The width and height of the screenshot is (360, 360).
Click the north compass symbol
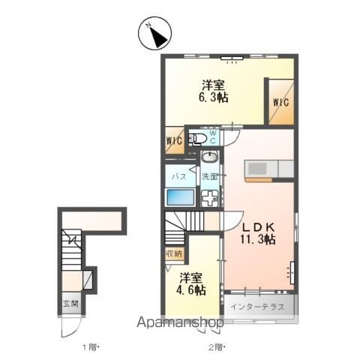coord(155,33)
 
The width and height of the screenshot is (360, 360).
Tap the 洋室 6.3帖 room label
coord(213,91)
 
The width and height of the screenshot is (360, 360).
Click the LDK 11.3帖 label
coord(258,233)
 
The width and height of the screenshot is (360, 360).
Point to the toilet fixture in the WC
coord(197,139)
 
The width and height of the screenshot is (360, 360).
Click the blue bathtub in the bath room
coord(181,197)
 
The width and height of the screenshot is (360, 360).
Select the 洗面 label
coord(209,176)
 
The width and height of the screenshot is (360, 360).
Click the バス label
coord(179,176)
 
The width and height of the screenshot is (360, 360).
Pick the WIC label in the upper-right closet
coord(281,103)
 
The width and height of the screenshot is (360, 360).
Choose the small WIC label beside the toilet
coord(174,141)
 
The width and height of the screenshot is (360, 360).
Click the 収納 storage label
coord(174,254)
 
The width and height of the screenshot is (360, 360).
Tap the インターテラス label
coord(258,307)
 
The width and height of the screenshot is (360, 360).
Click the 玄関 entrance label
coord(70,304)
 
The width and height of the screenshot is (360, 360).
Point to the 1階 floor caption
coord(89,347)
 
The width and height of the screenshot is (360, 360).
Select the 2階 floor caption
coord(215,347)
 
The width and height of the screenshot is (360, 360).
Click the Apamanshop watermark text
coord(180,322)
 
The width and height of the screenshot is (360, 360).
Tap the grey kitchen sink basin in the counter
coord(257,168)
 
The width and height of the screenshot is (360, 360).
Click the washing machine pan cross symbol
coord(210,197)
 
